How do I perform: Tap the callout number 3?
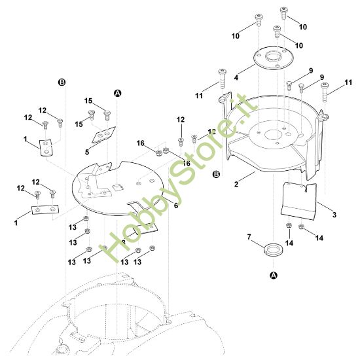334,215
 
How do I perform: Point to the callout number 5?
87,153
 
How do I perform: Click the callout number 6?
175,206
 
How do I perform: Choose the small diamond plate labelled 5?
103,134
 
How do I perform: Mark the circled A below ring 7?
273,276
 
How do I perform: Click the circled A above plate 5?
118,94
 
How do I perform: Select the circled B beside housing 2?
216,174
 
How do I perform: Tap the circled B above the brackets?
62,82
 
